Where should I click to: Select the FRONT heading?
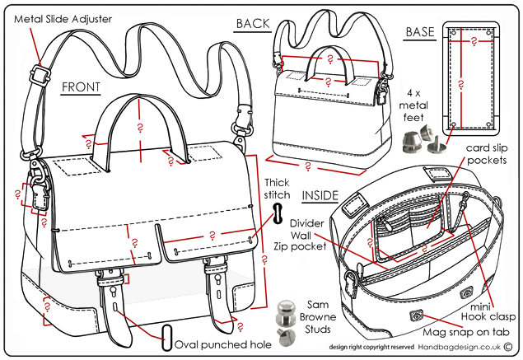click(x=80, y=86)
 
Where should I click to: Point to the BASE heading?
click(x=419, y=32)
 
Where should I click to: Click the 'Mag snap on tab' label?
click(x=465, y=332)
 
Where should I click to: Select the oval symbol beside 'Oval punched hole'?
click(x=167, y=337)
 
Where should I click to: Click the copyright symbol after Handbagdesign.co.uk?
click(x=508, y=348)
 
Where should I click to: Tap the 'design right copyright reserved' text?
click(x=371, y=349)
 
